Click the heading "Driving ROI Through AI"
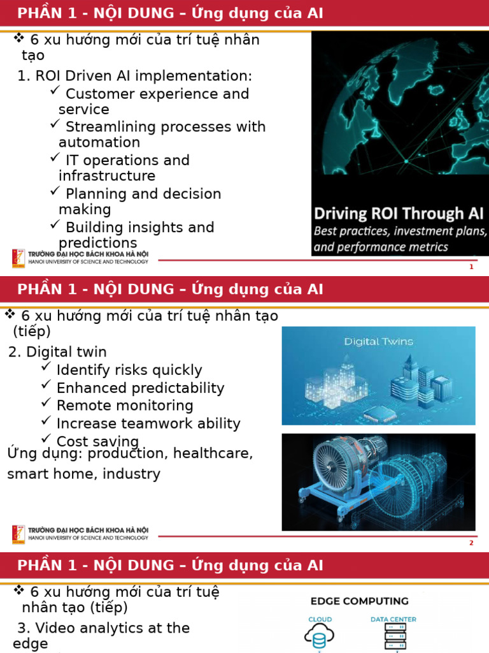[399, 213]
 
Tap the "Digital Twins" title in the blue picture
[378, 341]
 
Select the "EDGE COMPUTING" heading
[359, 601]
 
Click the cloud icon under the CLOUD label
[320, 636]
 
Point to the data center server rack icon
[393, 636]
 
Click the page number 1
[471, 267]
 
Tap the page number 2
[471, 543]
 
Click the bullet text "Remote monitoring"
[124, 406]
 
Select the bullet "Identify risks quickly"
[129, 370]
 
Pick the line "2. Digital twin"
[58, 352]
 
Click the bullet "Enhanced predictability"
[140, 388]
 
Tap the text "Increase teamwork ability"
[148, 423]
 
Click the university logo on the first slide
[18, 258]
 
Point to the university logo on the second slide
[18, 534]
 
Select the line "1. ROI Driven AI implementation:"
[135, 76]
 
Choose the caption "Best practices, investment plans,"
[400, 231]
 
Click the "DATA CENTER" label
[393, 619]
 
